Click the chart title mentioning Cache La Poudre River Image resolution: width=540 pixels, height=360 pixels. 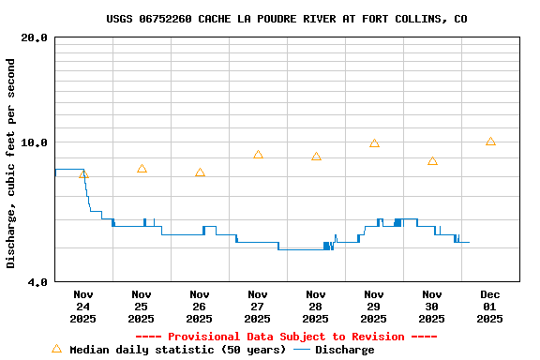286,19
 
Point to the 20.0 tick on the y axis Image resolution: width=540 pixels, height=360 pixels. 35,37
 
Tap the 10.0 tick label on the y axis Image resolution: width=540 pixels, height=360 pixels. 35,142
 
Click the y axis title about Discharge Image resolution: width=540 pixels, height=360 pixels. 11,163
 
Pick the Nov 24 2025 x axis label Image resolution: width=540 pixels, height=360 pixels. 83,307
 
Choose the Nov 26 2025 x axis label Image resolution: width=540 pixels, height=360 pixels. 200,307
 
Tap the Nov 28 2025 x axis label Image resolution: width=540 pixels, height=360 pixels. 316,307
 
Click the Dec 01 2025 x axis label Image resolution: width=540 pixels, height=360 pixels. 489,307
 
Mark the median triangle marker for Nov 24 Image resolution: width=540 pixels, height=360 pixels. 83,173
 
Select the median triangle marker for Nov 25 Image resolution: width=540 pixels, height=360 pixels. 142,169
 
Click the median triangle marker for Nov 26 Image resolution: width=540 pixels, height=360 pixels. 200,172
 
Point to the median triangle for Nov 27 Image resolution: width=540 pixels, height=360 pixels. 258,155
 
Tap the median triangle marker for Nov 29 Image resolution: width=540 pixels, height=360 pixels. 374,143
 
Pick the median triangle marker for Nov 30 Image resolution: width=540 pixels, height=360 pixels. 432,161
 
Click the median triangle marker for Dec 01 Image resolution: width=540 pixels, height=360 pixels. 490,142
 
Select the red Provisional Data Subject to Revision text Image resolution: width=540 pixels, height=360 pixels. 286,337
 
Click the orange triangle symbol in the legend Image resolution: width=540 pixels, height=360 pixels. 56,349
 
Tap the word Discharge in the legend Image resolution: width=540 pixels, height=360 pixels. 344,350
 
